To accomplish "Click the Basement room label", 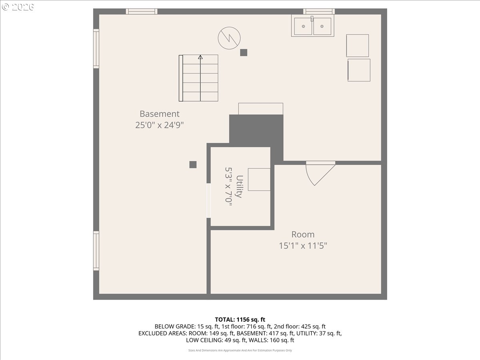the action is [160, 114].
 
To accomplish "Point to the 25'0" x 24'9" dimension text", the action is [160, 125].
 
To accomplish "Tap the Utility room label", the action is [240, 186].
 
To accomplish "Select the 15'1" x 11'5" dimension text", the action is [303, 246].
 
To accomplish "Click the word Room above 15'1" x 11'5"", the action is [303, 234].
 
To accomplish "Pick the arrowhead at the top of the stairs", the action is [200, 57].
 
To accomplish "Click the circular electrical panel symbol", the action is [229, 38].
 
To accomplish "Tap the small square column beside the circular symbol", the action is [244, 52].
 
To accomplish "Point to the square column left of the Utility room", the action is [193, 164].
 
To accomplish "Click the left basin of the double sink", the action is [303, 26].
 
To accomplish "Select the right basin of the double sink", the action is [322, 26].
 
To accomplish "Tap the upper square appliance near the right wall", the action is [357, 46].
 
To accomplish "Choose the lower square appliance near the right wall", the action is [359, 70].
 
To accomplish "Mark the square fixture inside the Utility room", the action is [259, 180].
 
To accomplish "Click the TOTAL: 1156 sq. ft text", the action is [240, 320].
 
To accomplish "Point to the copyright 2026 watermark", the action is [18, 7].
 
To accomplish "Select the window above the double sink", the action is [319, 11].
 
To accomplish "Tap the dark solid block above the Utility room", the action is [256, 131].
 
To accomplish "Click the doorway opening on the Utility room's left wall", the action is [209, 200].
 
